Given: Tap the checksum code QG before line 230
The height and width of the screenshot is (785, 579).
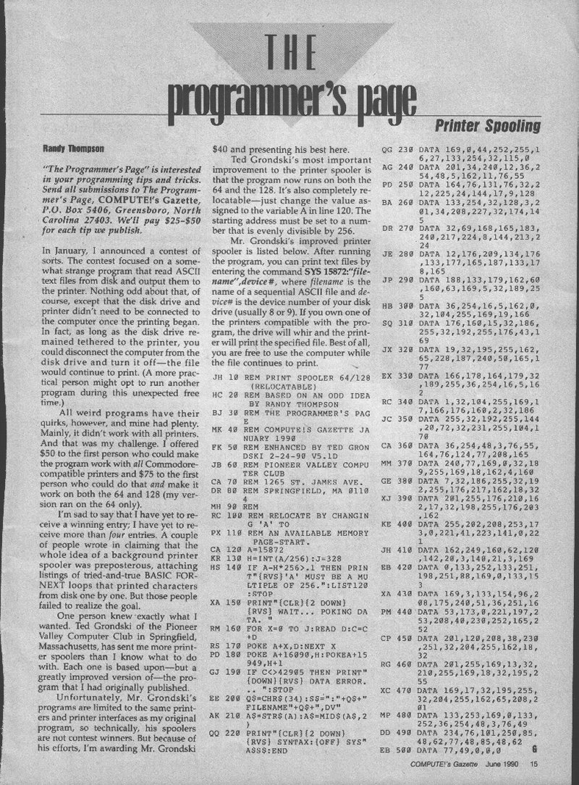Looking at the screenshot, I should point(386,151).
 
